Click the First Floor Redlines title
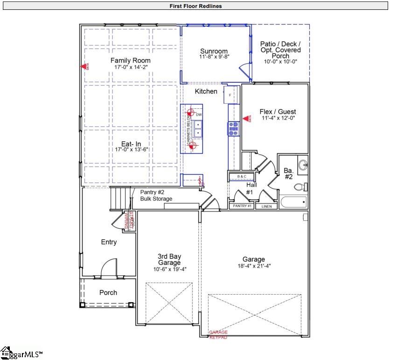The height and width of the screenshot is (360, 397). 195,6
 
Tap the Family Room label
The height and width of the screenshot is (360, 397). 130,61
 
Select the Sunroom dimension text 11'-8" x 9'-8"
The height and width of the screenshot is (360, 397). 214,56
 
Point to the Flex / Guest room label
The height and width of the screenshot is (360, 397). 278,112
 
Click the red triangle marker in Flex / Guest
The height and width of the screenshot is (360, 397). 245,119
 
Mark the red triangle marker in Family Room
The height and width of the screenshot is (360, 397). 84,67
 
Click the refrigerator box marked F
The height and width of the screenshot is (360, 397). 231,95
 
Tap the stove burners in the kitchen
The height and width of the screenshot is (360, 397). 233,128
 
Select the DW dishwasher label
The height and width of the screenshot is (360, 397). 199,115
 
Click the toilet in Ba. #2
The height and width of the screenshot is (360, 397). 301,187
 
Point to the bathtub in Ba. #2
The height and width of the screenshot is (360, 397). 293,203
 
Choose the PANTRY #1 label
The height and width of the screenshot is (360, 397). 242,206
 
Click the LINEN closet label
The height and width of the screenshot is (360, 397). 266,206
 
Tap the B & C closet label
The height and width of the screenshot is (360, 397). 241,176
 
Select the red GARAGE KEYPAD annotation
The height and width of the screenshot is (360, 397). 218,334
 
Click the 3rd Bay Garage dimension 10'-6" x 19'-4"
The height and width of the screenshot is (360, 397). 169,269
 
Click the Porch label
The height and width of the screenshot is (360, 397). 108,293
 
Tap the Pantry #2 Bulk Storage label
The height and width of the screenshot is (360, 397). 156,195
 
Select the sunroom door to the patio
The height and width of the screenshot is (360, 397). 244,71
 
